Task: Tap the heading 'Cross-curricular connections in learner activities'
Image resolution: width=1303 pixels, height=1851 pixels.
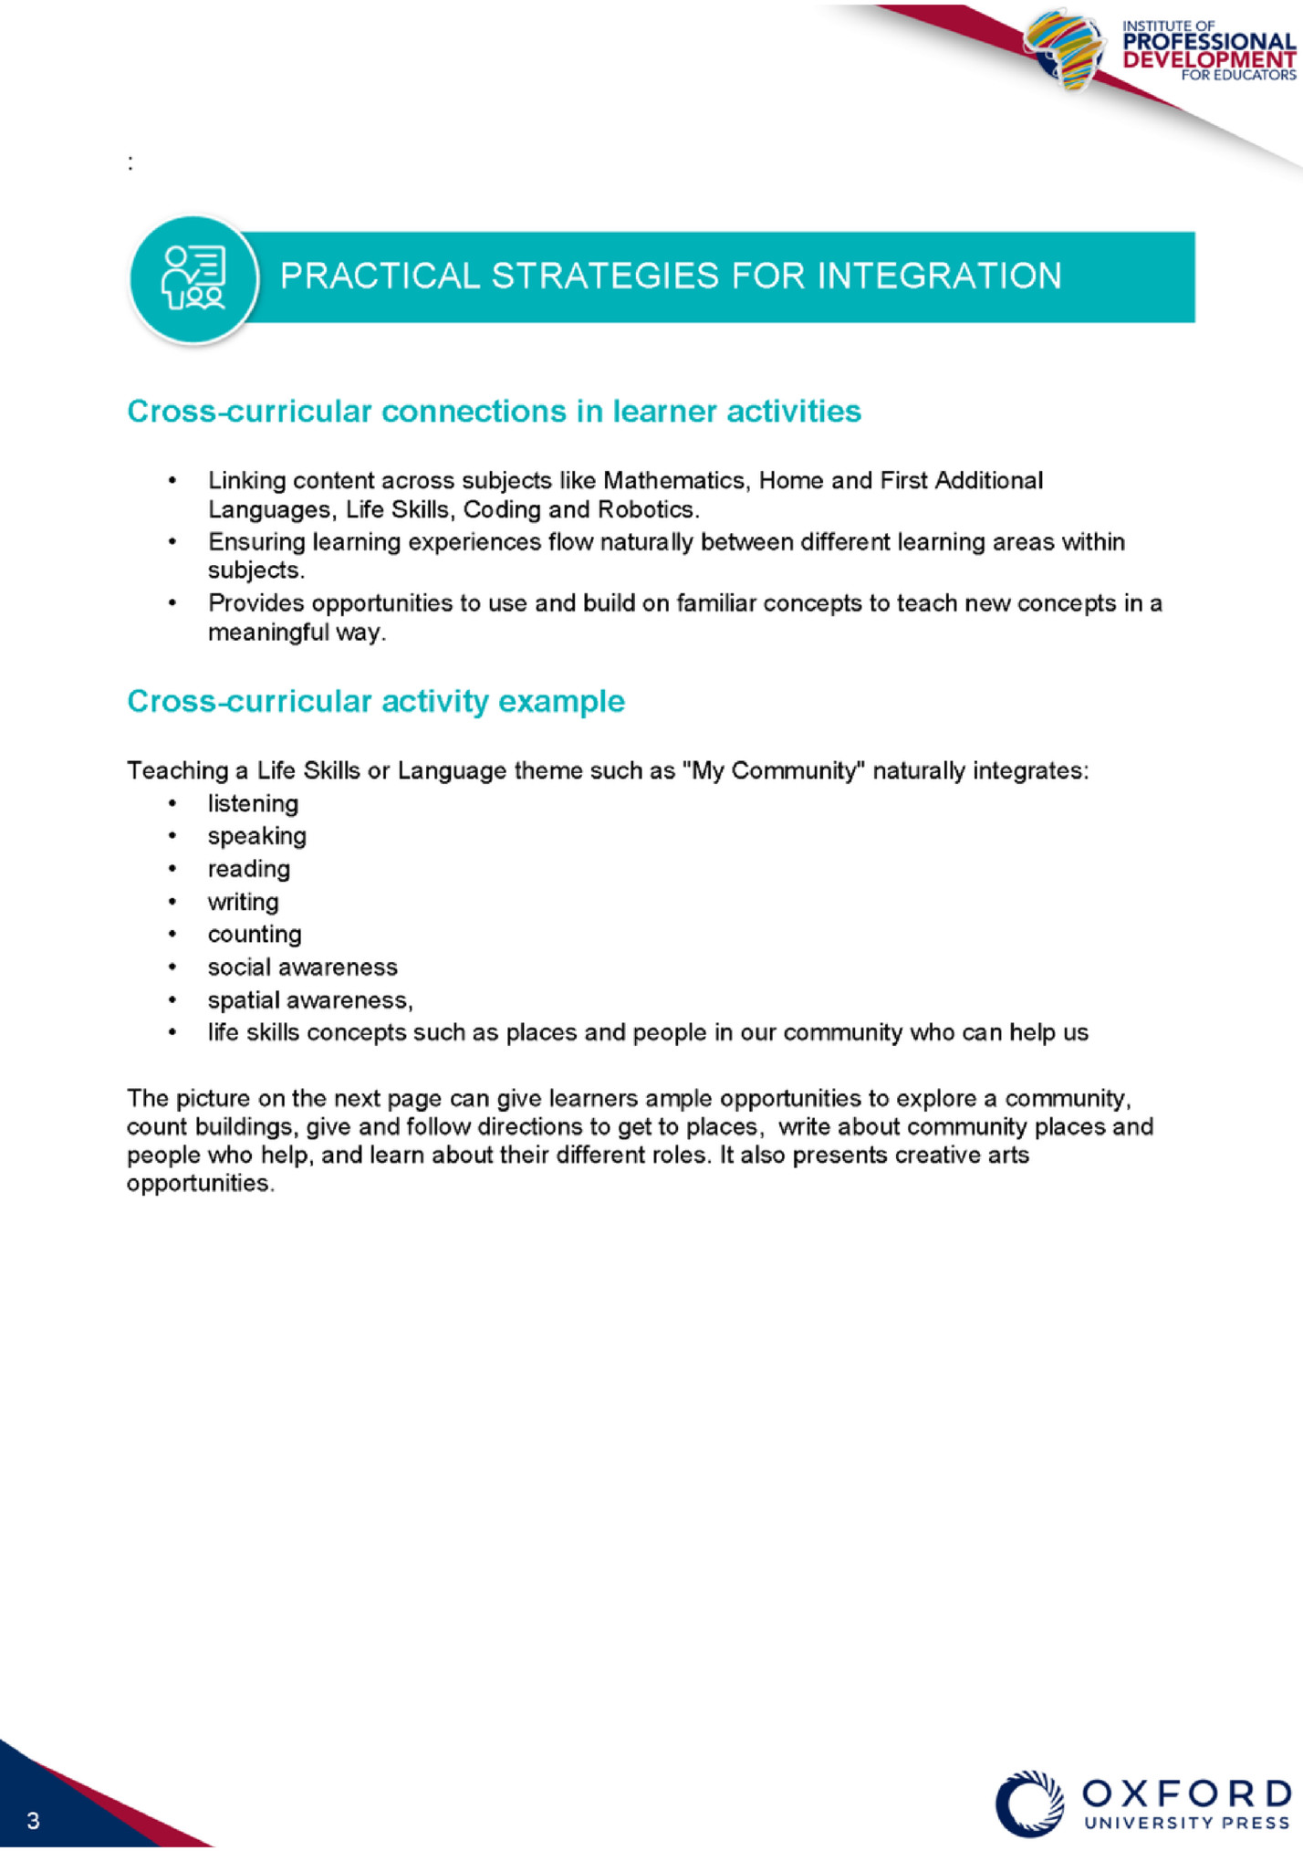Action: coord(494,412)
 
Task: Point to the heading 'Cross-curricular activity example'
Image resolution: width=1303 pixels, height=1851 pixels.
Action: coord(376,701)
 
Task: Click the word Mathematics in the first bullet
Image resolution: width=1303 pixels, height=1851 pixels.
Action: coord(674,480)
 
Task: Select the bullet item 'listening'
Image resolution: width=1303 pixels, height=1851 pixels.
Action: coord(253,803)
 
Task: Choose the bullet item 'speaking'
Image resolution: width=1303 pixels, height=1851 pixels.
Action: coord(256,836)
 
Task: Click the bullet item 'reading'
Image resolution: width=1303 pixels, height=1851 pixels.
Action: coord(248,869)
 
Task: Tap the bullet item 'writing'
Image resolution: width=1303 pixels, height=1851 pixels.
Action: coord(243,902)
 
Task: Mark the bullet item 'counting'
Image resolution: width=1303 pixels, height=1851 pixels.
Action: coord(254,935)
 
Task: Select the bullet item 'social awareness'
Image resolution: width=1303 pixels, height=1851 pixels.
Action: coord(302,967)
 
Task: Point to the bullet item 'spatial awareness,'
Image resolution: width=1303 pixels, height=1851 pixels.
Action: coord(310,1000)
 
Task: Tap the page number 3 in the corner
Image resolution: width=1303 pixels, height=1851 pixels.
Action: coord(34,1821)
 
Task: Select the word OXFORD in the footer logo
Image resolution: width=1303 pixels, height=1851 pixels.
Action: coord(1187,1793)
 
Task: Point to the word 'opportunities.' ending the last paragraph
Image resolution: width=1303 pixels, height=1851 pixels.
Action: coord(200,1184)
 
